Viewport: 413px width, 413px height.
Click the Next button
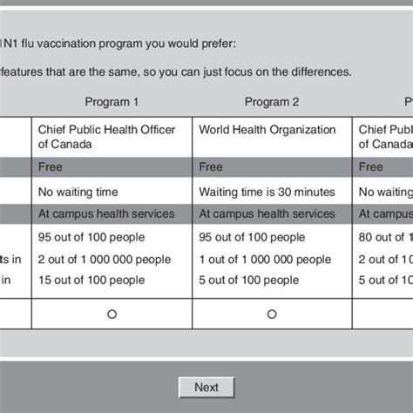pyautogui.click(x=206, y=387)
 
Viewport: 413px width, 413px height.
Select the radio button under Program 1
pyautogui.click(x=112, y=315)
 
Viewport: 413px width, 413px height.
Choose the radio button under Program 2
pyautogui.click(x=272, y=315)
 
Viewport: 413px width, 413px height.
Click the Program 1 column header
pyautogui.click(x=112, y=102)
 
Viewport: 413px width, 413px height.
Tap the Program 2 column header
pyautogui.click(x=272, y=102)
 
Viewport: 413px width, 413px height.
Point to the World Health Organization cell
pyautogui.click(x=267, y=130)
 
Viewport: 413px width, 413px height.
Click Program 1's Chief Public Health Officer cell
pyautogui.click(x=106, y=138)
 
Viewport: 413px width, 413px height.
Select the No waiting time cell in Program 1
pyautogui.click(x=78, y=191)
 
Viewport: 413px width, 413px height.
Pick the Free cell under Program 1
pyautogui.click(x=50, y=167)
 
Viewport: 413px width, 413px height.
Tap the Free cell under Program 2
pyautogui.click(x=211, y=167)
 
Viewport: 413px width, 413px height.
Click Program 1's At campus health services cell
pyautogui.click(x=106, y=213)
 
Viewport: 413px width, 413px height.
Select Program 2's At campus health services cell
pyautogui.click(x=267, y=213)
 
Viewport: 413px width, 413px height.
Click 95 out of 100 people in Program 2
pyautogui.click(x=252, y=237)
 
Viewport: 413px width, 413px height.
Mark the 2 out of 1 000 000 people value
pyautogui.click(x=105, y=260)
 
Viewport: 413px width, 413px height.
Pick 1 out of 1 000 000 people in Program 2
pyautogui.click(x=265, y=260)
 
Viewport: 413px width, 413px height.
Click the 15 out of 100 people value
pyautogui.click(x=91, y=281)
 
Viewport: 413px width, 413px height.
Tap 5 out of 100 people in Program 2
pyautogui.click(x=249, y=281)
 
